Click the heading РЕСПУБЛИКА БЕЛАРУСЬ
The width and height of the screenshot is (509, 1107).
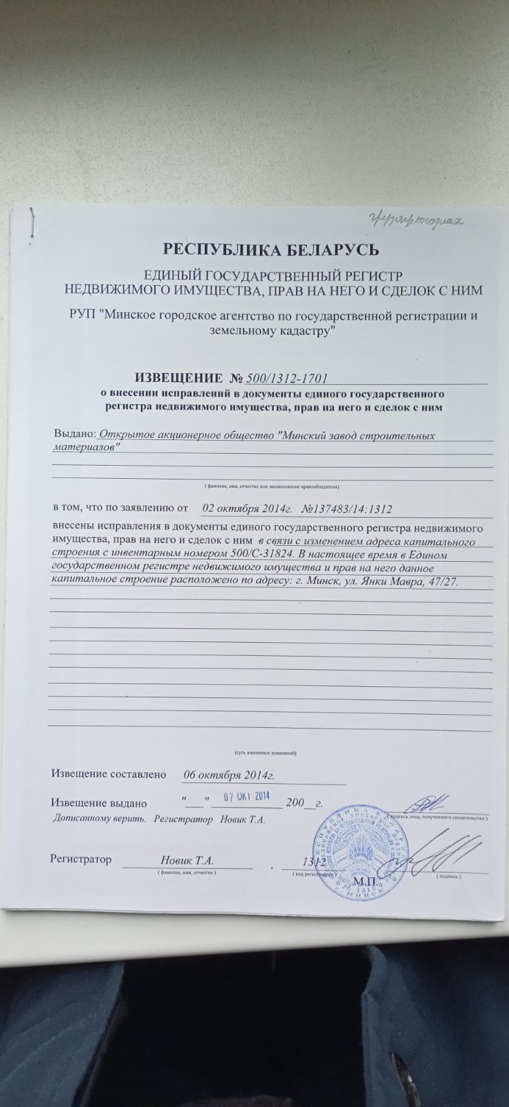[269, 248]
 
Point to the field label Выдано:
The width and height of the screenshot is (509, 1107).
[74, 434]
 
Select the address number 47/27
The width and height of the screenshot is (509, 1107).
[453, 580]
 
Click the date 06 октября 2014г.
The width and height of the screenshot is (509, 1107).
[229, 774]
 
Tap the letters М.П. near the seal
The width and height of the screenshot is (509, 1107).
[363, 883]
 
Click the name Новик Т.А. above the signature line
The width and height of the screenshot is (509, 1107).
[186, 861]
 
